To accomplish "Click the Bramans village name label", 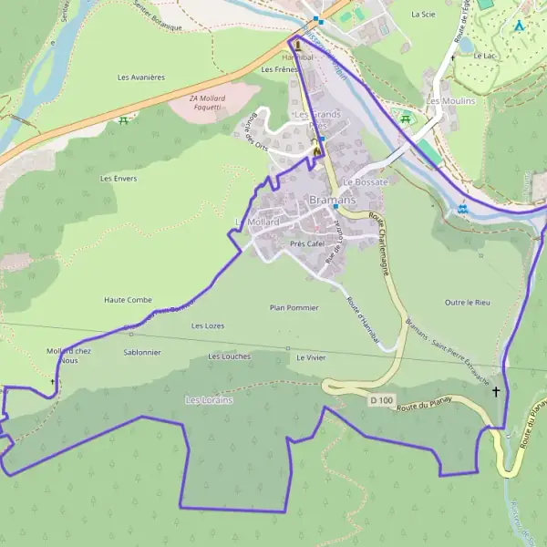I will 332,200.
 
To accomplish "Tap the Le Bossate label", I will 365,182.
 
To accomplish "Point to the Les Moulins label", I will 451,101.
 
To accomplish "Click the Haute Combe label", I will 128,300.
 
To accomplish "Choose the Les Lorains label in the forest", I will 210,400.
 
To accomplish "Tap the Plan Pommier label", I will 294,308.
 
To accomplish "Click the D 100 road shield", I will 380,400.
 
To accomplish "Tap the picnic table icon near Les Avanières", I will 122,120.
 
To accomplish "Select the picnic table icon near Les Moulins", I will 405,118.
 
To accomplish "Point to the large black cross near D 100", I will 496,392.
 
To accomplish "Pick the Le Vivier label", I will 311,358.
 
